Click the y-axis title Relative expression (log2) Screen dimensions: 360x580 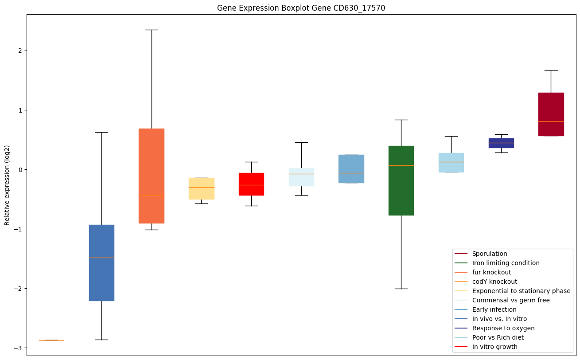click(x=7, y=185)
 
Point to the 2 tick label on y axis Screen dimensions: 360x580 click(x=19, y=51)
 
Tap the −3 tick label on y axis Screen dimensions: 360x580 click(x=18, y=348)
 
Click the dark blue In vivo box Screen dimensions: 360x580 click(x=101, y=262)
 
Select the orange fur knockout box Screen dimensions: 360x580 click(x=152, y=176)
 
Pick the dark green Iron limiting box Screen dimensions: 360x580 click(x=401, y=180)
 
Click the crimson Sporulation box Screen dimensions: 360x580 click(x=551, y=114)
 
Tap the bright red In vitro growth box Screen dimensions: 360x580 click(x=251, y=184)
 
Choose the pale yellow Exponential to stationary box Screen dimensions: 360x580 click(x=202, y=188)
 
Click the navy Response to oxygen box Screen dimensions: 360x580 click(x=501, y=143)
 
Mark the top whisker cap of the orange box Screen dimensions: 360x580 click(x=152, y=30)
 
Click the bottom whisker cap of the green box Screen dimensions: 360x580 click(x=401, y=289)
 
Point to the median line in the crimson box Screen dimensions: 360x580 click(x=551, y=121)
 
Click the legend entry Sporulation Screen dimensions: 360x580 click(x=489, y=254)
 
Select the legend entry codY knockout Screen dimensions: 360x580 click(x=494, y=282)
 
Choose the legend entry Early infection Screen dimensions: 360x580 click(x=494, y=309)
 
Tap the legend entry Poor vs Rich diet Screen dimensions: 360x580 click(x=498, y=337)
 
